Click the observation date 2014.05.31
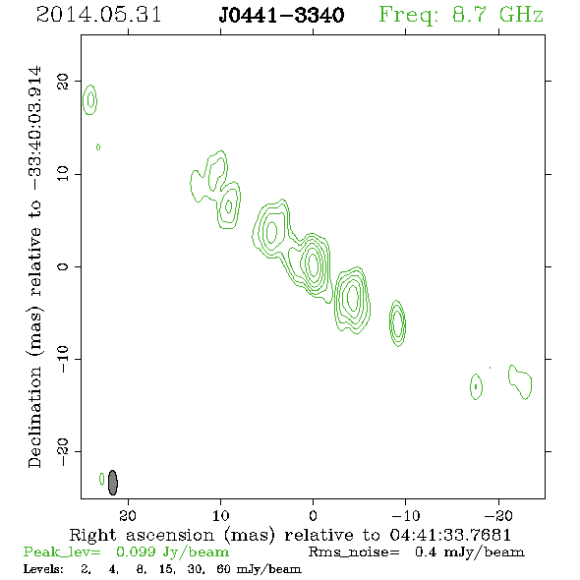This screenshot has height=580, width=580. (x=98, y=15)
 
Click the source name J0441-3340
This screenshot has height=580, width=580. (x=281, y=16)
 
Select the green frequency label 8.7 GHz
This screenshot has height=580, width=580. (x=497, y=15)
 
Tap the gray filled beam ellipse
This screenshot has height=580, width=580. (x=113, y=483)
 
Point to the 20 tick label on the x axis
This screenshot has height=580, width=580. (x=128, y=515)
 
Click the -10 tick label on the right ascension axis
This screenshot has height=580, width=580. (x=405, y=515)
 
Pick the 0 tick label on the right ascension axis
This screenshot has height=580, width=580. (x=313, y=515)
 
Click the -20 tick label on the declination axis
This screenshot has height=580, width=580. (x=63, y=452)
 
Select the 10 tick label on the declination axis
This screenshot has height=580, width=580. (x=63, y=174)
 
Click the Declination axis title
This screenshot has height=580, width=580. (x=35, y=266)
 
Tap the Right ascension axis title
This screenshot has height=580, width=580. (x=290, y=535)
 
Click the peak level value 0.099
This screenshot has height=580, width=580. (x=136, y=551)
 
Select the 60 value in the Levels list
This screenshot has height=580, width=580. (x=223, y=569)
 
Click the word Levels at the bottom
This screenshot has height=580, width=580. (x=43, y=569)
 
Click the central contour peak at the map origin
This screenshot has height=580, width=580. (x=313, y=263)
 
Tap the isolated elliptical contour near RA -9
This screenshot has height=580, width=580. (x=397, y=322)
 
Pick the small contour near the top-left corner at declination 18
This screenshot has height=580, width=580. (x=89, y=100)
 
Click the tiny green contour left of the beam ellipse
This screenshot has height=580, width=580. (x=101, y=479)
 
